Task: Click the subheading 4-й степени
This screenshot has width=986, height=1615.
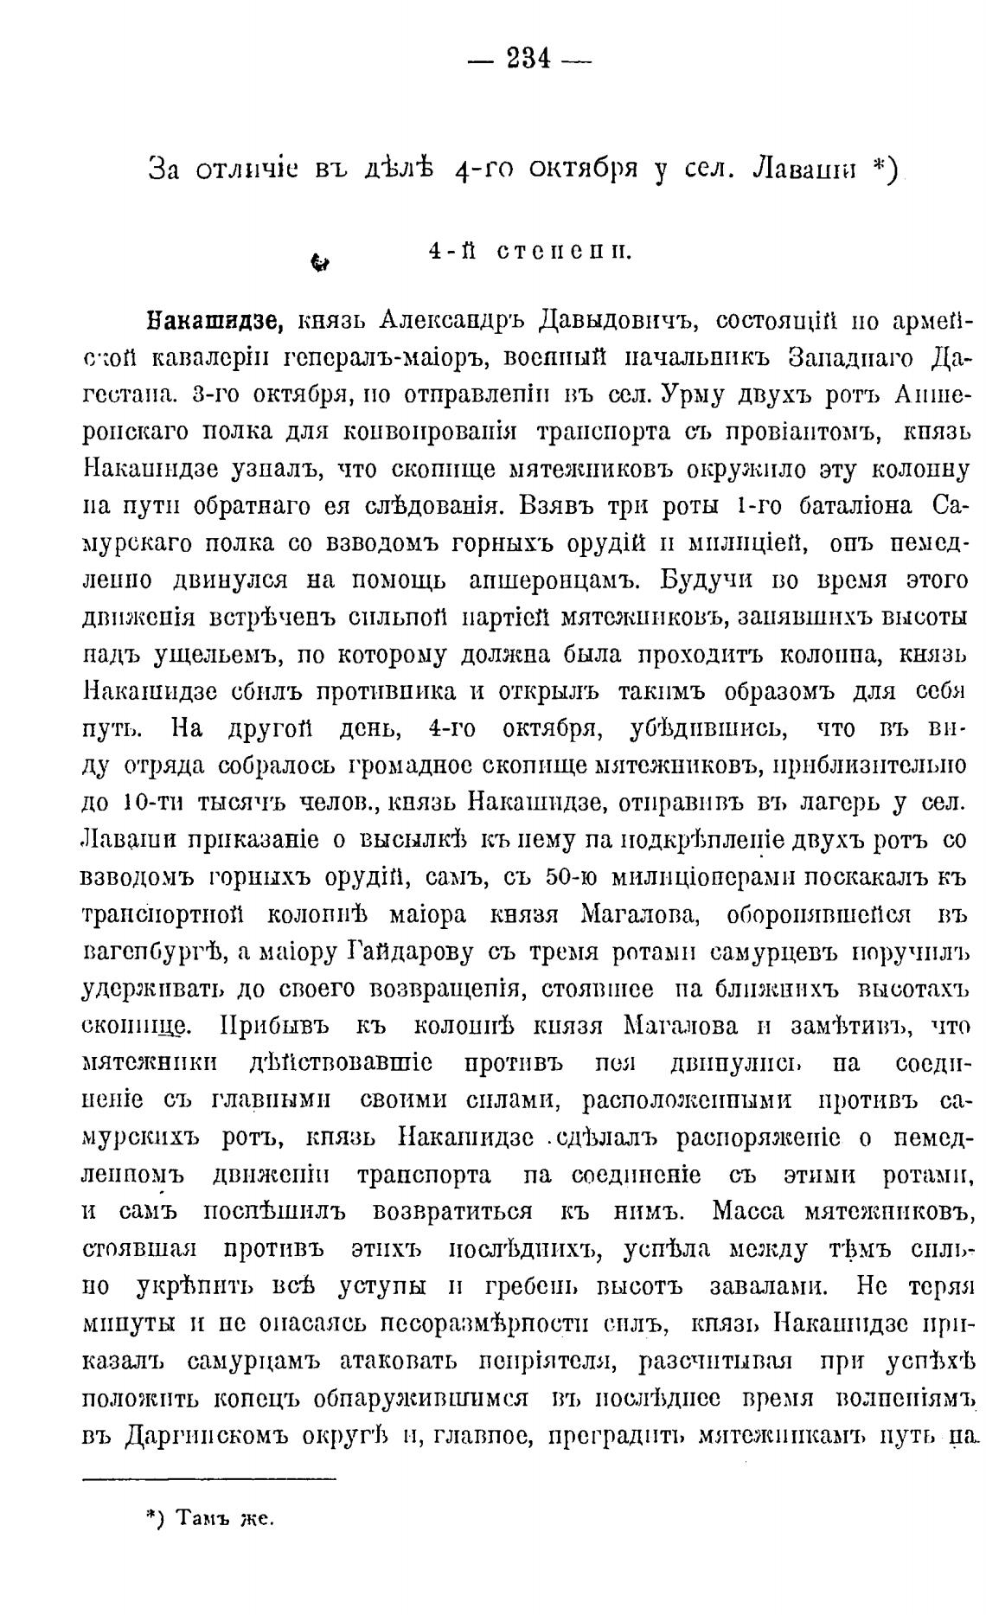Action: [x=529, y=252]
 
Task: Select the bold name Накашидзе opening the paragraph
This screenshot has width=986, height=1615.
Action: [x=214, y=322]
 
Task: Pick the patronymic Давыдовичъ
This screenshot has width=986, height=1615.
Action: [x=618, y=322]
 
